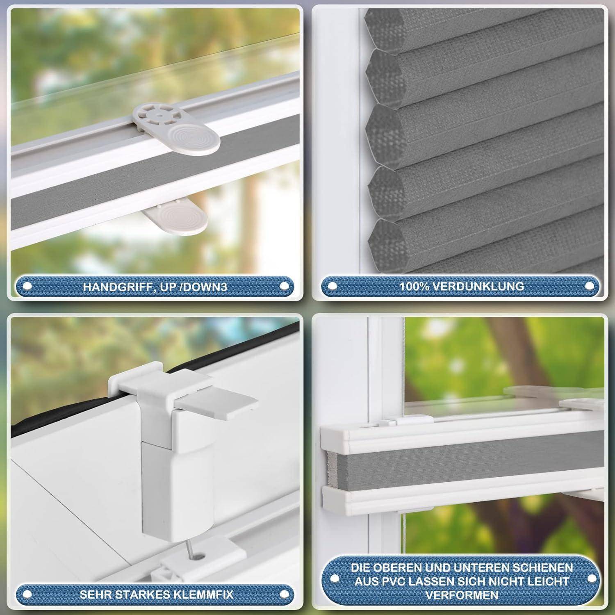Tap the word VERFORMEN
tap(462, 595)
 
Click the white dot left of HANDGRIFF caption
tap(27, 287)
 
